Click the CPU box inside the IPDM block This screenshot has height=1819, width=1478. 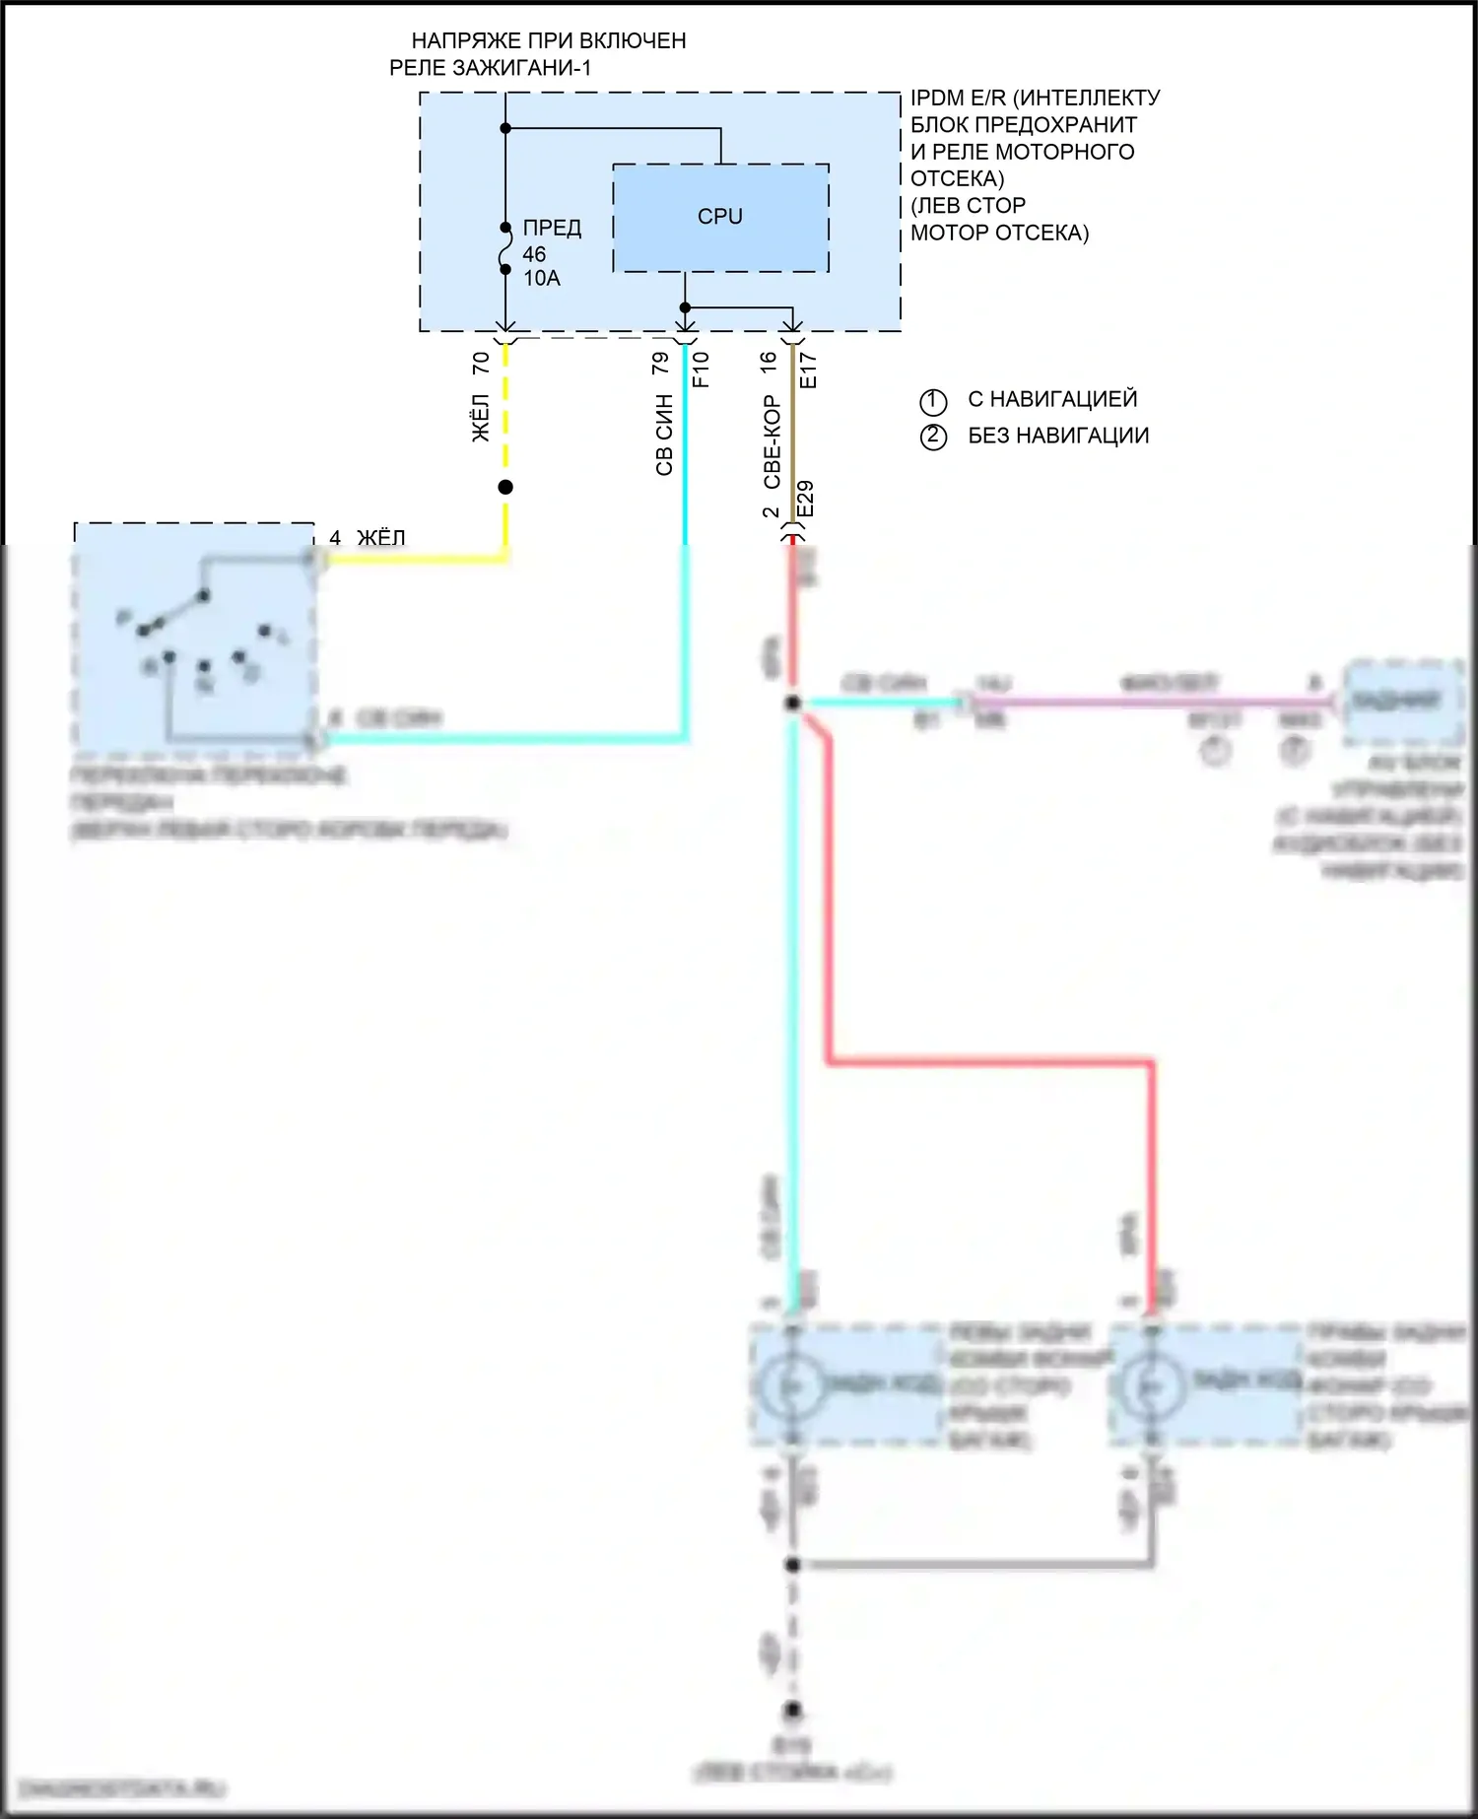tap(720, 218)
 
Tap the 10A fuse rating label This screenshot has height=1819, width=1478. tap(541, 279)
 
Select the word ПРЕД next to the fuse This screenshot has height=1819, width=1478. tap(552, 228)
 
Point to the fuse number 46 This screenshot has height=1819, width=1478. tap(534, 254)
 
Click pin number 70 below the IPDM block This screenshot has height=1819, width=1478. tap(481, 363)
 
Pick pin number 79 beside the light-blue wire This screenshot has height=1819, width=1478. tap(660, 363)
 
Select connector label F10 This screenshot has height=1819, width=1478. tap(701, 370)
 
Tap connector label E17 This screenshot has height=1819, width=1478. tap(808, 370)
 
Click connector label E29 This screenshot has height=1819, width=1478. tap(805, 499)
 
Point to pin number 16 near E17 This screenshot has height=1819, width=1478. tap(769, 363)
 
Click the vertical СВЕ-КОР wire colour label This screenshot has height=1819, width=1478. tap(772, 441)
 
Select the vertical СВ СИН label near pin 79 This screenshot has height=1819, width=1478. tap(664, 435)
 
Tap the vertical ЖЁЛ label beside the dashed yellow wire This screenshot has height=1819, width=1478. tap(481, 418)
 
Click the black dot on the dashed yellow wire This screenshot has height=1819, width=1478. tap(505, 487)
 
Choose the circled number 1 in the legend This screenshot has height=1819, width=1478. tap(933, 401)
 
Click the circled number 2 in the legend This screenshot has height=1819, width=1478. tap(933, 437)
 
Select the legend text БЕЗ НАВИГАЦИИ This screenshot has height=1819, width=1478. tap(1058, 436)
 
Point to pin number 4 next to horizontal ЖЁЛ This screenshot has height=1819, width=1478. tap(335, 538)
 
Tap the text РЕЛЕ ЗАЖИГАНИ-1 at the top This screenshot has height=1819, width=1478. tap(491, 68)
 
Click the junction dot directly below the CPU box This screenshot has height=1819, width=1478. tap(685, 307)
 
